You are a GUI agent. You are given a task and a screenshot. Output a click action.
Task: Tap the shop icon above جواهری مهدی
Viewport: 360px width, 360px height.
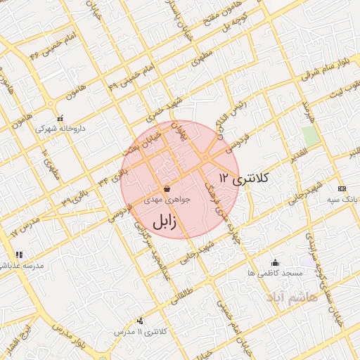(x=167, y=189)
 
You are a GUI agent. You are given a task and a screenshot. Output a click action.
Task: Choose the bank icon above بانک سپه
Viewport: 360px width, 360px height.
(x=342, y=188)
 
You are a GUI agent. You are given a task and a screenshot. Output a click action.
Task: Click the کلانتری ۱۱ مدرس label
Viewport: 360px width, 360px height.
(x=134, y=330)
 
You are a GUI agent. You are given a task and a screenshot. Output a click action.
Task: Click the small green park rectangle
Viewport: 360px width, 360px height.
(x=310, y=136)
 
